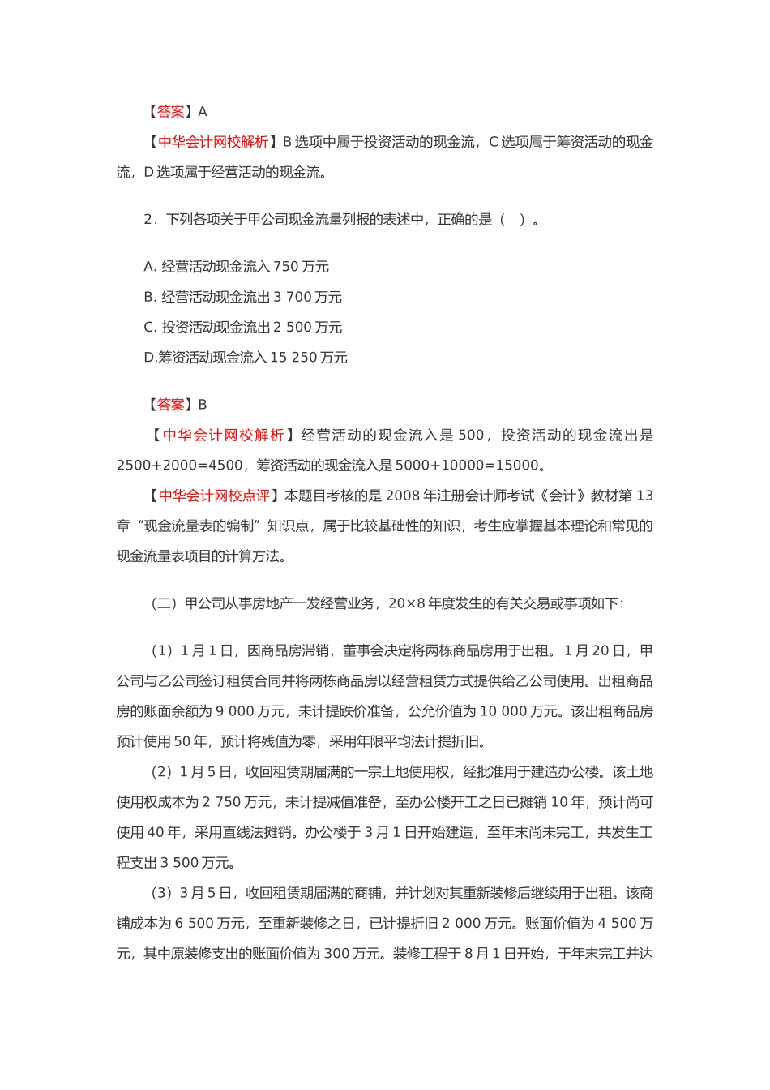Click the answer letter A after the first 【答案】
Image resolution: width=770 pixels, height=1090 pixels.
coord(203,112)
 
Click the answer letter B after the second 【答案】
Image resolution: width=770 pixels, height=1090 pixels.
coord(203,405)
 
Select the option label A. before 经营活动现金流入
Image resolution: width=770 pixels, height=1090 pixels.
coord(150,267)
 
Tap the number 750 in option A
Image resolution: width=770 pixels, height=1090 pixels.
coord(285,267)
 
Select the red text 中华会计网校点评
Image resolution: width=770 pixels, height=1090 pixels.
coord(214,496)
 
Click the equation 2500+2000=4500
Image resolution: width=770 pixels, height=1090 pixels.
coord(179,466)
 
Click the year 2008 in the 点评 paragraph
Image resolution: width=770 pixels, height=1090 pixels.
coord(402,496)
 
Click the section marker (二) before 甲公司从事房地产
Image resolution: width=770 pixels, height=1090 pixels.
coord(164,603)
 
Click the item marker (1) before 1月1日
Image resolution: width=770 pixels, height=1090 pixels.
coord(162,651)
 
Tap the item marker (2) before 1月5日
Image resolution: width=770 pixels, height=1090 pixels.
coord(162,772)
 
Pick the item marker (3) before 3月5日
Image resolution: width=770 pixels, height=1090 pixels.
coord(162,893)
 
